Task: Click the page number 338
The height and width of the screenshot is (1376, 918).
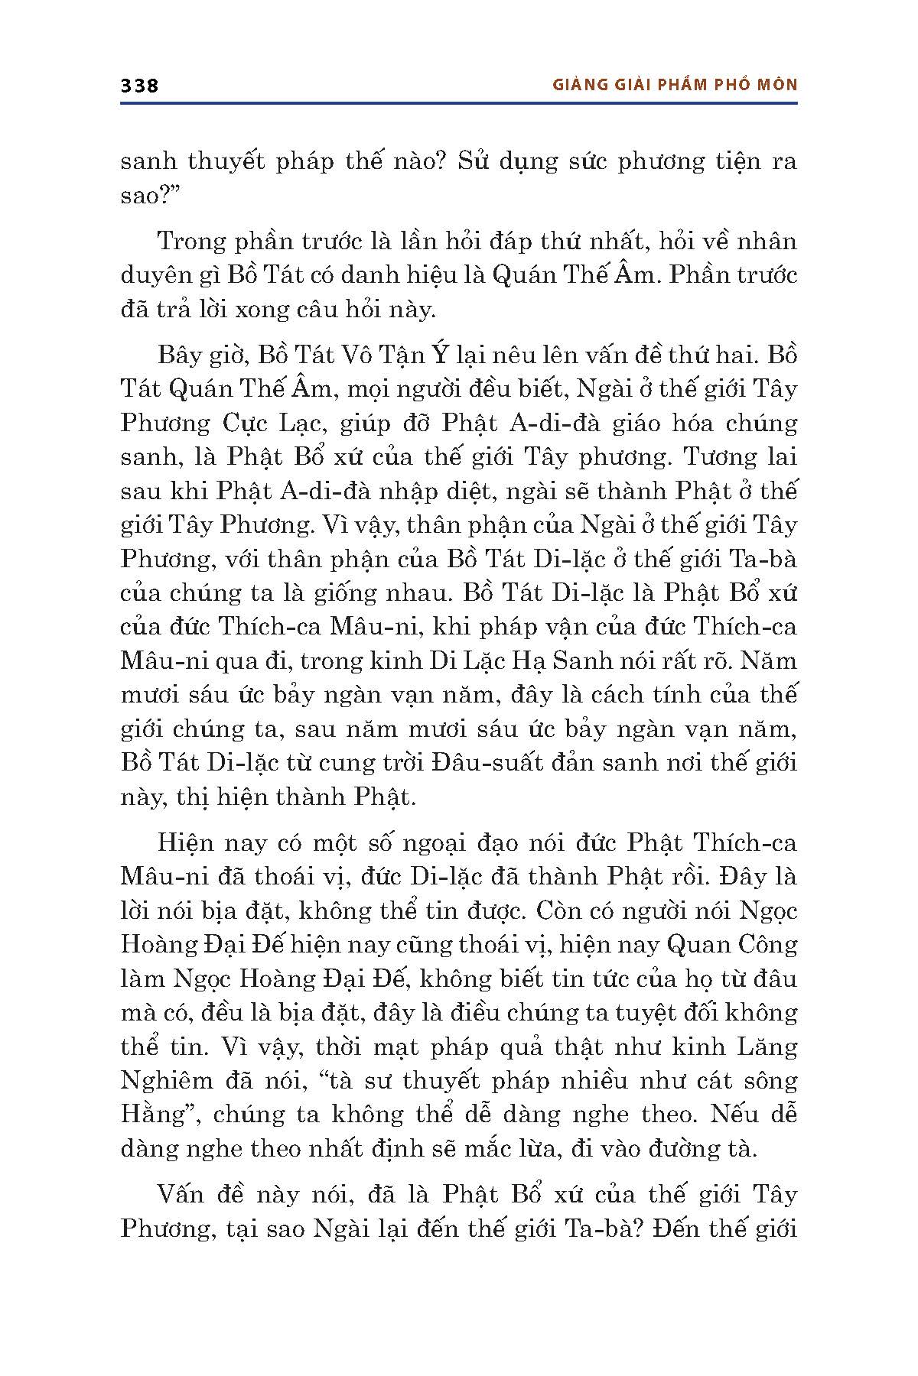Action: pyautogui.click(x=139, y=86)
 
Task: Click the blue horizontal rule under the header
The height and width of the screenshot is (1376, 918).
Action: pyautogui.click(x=459, y=102)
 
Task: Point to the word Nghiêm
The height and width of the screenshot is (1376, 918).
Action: pyautogui.click(x=166, y=1080)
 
